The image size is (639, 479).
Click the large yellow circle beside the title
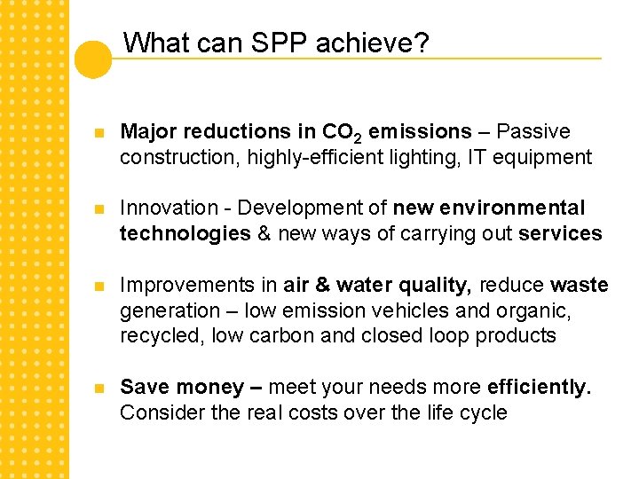(x=92, y=59)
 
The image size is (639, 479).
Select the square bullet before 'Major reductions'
(x=100, y=133)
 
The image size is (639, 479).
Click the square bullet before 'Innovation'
(x=100, y=209)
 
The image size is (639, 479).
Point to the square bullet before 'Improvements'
(x=100, y=286)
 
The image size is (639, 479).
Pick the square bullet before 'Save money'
(x=100, y=388)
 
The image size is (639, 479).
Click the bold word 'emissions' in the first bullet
(x=420, y=132)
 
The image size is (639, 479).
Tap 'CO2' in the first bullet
(x=342, y=133)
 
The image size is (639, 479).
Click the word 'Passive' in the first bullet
(x=533, y=132)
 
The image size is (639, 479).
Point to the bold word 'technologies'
(x=185, y=234)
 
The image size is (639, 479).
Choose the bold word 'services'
(x=560, y=234)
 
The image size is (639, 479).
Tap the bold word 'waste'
(x=579, y=286)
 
